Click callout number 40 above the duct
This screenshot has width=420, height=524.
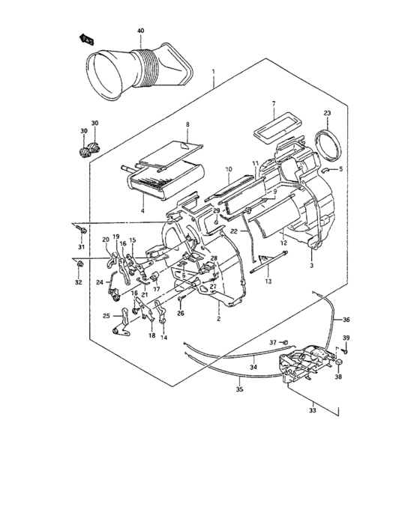(x=139, y=31)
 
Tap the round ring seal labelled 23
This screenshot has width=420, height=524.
(x=328, y=143)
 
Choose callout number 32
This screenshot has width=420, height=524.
(x=78, y=283)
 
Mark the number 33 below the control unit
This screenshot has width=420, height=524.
(x=313, y=409)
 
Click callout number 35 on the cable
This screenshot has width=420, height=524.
(x=239, y=390)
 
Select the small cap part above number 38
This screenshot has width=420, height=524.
(x=338, y=363)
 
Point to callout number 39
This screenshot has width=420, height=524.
(x=346, y=338)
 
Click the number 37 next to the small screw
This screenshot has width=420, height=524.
(x=274, y=342)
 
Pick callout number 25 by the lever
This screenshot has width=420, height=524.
(x=106, y=315)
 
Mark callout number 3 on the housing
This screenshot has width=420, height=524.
(x=311, y=265)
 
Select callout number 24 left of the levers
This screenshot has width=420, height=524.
(x=100, y=282)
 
